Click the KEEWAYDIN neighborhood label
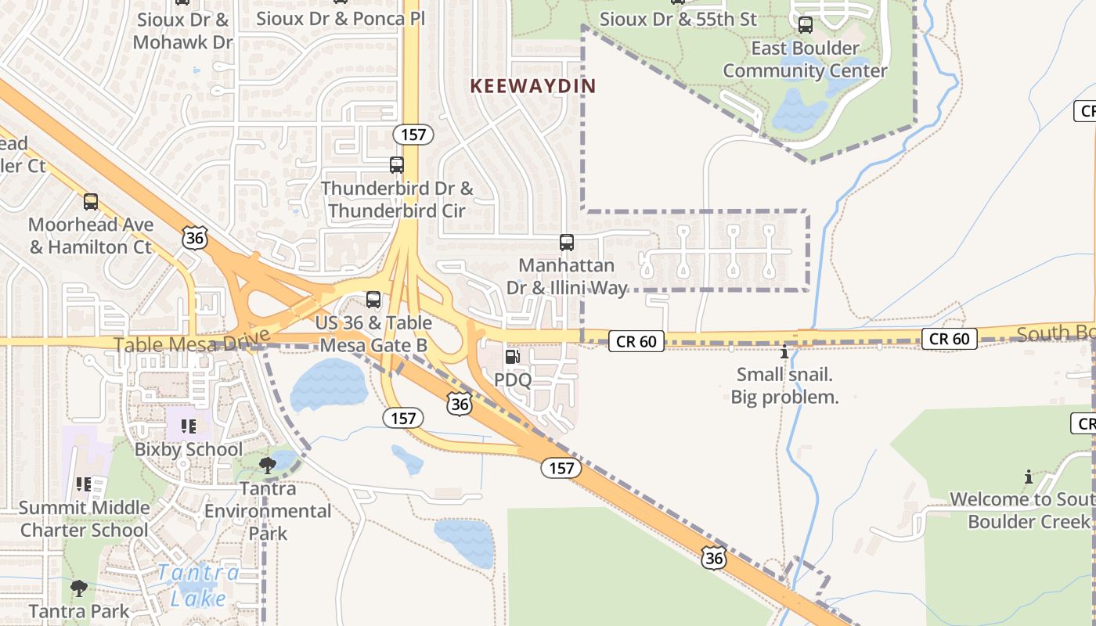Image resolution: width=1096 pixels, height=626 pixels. tap(532, 86)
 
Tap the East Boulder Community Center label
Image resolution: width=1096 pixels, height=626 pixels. tap(805, 59)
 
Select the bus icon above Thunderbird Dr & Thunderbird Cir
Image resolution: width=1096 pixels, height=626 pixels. tap(397, 165)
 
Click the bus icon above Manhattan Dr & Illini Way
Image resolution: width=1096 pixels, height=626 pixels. tap(567, 243)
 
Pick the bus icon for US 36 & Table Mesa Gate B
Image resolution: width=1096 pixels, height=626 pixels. tap(373, 300)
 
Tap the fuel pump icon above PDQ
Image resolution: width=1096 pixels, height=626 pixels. tap(512, 357)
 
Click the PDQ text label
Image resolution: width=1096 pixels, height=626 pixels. tap(513, 380)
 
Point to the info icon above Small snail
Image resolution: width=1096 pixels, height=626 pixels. tap(784, 352)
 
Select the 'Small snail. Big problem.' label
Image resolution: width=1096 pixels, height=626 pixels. tap(784, 386)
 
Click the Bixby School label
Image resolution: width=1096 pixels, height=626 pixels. tap(189, 449)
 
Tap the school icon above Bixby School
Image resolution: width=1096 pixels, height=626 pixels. tap(189, 426)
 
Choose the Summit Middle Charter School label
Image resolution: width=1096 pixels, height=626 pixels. tap(84, 519)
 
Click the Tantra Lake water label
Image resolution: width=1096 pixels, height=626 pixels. tap(198, 585)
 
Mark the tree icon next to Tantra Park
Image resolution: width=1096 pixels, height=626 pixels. tap(78, 588)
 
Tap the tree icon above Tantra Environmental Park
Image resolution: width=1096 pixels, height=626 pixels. tap(268, 466)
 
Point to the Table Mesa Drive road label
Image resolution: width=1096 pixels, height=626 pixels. tap(192, 344)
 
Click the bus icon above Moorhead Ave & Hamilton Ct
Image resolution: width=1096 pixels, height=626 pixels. tap(91, 202)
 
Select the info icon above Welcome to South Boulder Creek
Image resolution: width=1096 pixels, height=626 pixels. tap(1028, 477)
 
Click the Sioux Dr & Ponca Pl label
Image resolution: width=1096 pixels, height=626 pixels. tap(341, 18)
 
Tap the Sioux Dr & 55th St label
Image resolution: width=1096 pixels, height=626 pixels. tap(678, 18)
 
